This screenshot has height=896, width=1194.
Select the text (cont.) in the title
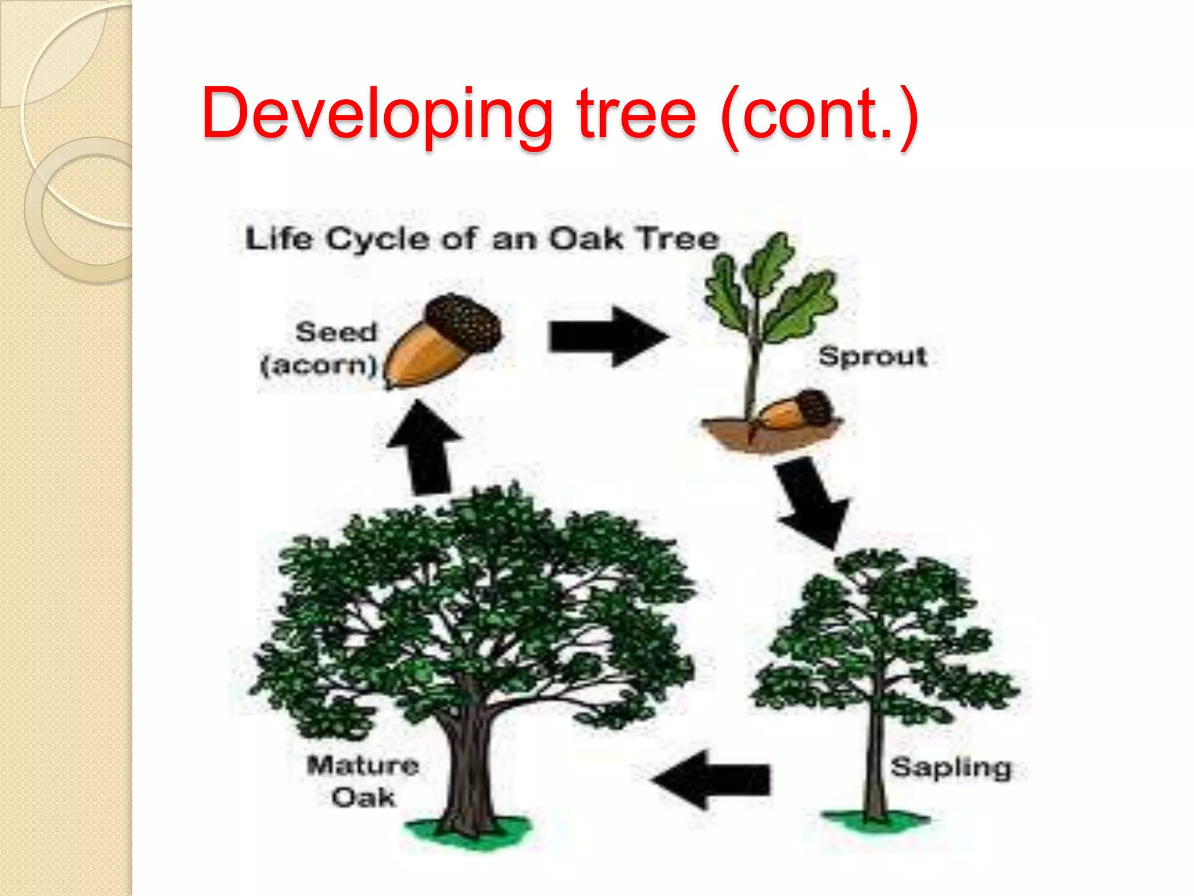point(819,115)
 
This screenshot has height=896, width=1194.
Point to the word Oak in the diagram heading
point(586,239)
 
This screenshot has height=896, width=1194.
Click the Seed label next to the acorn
point(336,332)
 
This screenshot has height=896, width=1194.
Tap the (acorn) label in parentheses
point(318,366)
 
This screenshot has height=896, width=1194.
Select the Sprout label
point(872,356)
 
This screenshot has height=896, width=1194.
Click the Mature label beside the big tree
point(363,765)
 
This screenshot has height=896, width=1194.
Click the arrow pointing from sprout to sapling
point(812,502)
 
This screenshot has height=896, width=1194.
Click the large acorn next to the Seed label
point(443,341)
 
